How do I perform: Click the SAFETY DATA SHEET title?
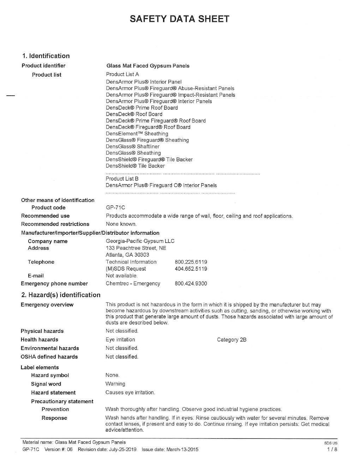pos(179,19)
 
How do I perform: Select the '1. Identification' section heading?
pos(46,56)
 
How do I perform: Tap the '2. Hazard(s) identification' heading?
pos(61,295)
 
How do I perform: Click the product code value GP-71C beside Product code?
pos(115,208)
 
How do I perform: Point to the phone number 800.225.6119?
pos(191,262)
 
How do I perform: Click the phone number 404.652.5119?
pos(191,269)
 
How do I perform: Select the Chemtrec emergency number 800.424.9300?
pos(191,283)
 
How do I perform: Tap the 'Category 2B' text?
pos(232,340)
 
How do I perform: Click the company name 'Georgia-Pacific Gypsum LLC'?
pos(140,241)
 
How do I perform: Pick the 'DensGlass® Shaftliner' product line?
pos(133,147)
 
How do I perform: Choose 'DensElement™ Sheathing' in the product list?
pos(137,133)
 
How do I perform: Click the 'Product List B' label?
pos(122,179)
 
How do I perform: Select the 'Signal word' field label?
pos(46,384)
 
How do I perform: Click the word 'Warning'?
pos(115,384)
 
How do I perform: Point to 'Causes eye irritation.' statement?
pos(130,393)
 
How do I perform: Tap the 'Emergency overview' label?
pos(47,305)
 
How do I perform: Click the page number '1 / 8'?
pos(332,449)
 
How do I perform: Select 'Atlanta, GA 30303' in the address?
pos(127,255)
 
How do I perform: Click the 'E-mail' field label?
pos(36,276)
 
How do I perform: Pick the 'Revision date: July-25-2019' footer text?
pos(107,449)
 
